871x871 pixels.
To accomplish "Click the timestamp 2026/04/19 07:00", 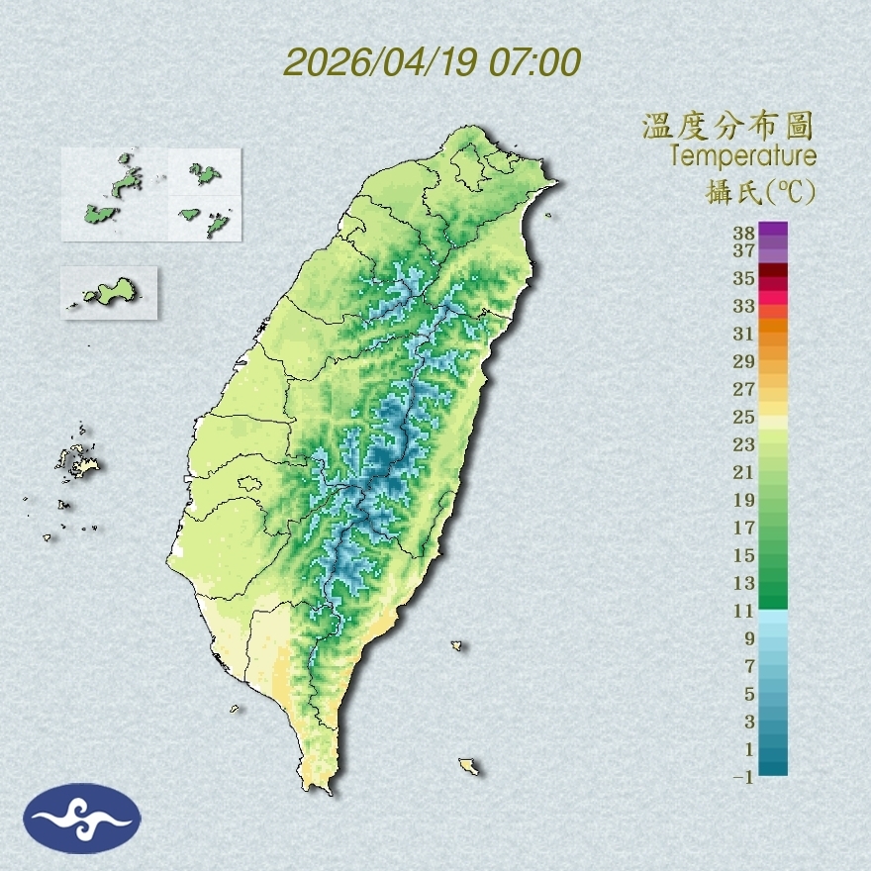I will click(433, 62).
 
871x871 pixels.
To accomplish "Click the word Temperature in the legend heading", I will click(742, 155).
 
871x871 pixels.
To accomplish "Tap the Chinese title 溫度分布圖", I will click(728, 127).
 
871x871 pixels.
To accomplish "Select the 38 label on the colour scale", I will click(744, 234).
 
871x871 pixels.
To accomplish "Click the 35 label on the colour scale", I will click(744, 278).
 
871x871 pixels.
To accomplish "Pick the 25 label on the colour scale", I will click(744, 417).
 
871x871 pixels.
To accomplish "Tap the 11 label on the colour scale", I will click(744, 612).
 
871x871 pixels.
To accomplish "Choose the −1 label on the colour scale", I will click(742, 778).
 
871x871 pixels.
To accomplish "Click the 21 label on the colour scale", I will click(744, 472).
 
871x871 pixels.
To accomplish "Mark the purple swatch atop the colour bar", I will click(773, 229).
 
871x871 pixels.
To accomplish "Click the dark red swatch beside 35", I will click(773, 271).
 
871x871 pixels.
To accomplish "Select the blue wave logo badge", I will click(82, 818).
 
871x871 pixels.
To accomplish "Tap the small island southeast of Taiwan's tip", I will click(469, 766).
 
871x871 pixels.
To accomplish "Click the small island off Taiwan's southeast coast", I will click(457, 646).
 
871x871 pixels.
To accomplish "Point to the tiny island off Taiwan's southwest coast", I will click(236, 709).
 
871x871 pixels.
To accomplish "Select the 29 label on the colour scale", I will click(744, 361).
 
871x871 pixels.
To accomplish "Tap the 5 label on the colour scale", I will click(748, 694).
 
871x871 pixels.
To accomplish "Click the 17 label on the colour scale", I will click(744, 528).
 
